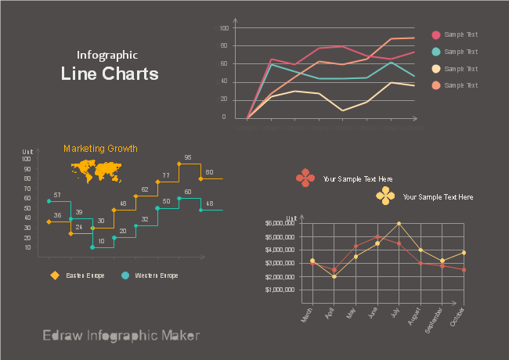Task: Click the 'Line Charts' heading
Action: (x=110, y=74)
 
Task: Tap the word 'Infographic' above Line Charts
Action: (x=107, y=55)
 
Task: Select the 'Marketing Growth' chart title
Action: (x=100, y=149)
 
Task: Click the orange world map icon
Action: (x=97, y=170)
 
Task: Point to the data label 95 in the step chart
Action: (x=188, y=158)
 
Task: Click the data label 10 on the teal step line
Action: (x=101, y=241)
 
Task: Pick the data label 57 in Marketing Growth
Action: (x=57, y=195)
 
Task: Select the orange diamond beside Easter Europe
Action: (x=55, y=275)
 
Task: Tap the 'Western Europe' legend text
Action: (x=157, y=275)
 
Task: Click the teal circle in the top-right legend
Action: (x=436, y=52)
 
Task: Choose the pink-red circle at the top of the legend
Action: (x=436, y=34)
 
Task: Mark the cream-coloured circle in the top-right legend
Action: (x=436, y=69)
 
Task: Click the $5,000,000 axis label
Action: (x=280, y=223)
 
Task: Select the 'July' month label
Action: (x=395, y=313)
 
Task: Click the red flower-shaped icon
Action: (x=305, y=178)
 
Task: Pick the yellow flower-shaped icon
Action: (x=384, y=196)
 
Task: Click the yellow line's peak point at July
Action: (x=399, y=224)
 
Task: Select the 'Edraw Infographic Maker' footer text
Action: (x=121, y=336)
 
